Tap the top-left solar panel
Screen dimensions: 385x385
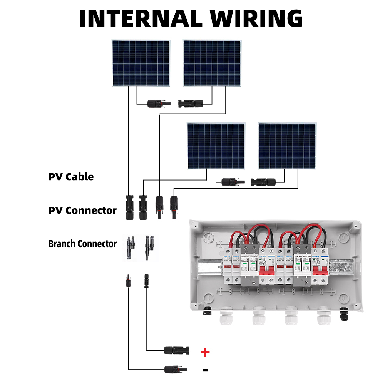[141, 63]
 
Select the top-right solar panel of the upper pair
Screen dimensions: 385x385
[212, 63]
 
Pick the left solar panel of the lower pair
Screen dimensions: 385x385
[216, 146]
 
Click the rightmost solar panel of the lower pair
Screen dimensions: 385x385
[287, 146]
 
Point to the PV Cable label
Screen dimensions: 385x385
[71, 177]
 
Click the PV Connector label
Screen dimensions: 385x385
[82, 210]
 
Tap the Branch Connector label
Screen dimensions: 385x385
[82, 244]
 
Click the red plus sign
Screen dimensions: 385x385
[205, 352]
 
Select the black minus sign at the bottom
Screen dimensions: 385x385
[205, 370]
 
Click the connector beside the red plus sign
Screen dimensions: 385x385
[177, 350]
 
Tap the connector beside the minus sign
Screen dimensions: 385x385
[177, 369]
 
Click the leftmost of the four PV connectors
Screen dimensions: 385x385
[129, 207]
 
